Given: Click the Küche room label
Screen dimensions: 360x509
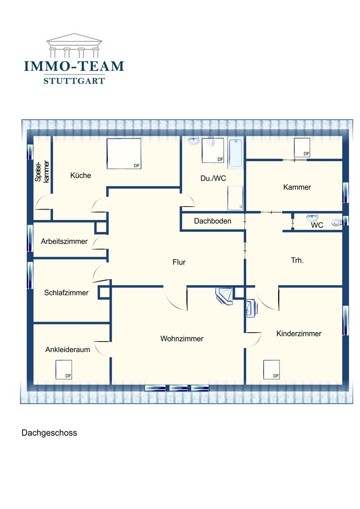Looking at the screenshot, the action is coord(81,175).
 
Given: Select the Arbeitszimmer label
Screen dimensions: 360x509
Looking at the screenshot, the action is coord(64,241).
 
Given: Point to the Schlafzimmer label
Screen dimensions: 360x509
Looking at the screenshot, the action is coord(66,292).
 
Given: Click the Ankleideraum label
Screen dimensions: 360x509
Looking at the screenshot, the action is coord(68,349).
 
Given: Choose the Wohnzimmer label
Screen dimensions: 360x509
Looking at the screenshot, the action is coord(182,338).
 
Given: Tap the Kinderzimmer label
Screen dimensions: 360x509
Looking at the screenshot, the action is coord(299,333).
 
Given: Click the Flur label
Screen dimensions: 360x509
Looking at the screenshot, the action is coord(179,262).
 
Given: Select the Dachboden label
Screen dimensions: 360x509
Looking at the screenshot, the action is coord(213,221).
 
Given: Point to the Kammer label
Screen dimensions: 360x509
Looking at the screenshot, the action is coord(297,187).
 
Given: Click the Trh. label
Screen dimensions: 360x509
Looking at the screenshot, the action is coord(297,260).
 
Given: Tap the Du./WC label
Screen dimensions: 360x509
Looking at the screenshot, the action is coord(213,178).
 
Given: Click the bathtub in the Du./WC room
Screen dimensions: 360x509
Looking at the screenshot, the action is coord(236,154).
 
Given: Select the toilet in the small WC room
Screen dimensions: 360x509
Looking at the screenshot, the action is coord(337,222).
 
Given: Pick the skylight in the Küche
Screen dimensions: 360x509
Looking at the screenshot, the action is coord(124,154).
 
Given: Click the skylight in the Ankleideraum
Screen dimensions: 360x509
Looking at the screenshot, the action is coord(64,369).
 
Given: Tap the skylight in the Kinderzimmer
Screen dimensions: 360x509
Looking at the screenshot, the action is coord(272,369).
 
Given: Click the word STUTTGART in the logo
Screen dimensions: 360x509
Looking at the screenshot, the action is coord(74,81).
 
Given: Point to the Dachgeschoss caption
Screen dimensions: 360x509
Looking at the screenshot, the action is coord(49,433).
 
